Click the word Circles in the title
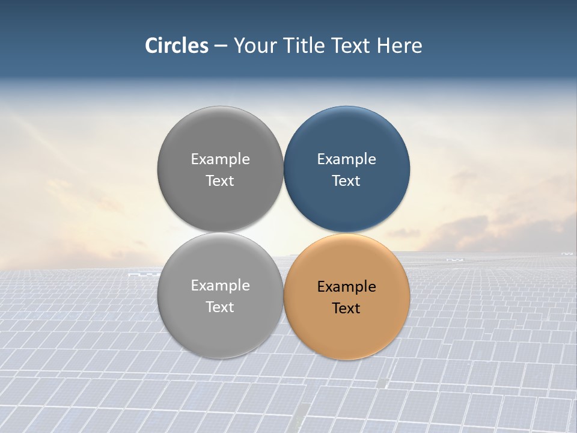[x=177, y=46]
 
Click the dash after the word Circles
[x=221, y=46]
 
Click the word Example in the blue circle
[x=346, y=159]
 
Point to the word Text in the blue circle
[x=346, y=181]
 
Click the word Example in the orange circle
[x=346, y=287]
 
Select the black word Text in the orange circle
[x=346, y=309]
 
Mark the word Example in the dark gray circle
[x=220, y=159]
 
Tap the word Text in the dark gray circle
[x=220, y=181]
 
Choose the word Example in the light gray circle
[x=220, y=286]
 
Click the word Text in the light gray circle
[x=220, y=307]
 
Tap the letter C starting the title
[x=151, y=46]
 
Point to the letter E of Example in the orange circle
[x=321, y=287]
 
